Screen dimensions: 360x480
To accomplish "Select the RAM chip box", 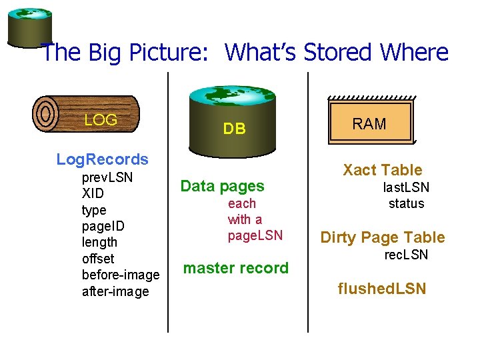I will coord(370,122).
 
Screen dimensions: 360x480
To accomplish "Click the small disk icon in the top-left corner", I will coord(30,27).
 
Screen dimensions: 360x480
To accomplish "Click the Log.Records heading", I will coord(103,159).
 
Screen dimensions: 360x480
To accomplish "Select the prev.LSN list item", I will coord(107,178).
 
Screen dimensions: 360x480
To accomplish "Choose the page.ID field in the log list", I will coord(103,226).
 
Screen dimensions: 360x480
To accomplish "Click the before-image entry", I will coord(121,275).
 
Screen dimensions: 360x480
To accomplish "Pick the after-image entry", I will coord(115,291).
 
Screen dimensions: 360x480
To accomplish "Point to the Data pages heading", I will coord(223,187).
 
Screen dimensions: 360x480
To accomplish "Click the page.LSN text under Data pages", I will coord(255,235).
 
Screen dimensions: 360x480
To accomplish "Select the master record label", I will coord(236,268).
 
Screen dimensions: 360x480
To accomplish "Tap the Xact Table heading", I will coord(383,170).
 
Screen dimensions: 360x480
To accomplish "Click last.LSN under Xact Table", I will coord(405,188).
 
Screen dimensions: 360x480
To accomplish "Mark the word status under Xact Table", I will coord(406,203).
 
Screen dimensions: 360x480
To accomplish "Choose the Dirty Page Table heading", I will coord(383,237).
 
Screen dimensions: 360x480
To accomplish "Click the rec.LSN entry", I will coord(406,255).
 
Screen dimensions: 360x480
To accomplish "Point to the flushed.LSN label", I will coord(382,289).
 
